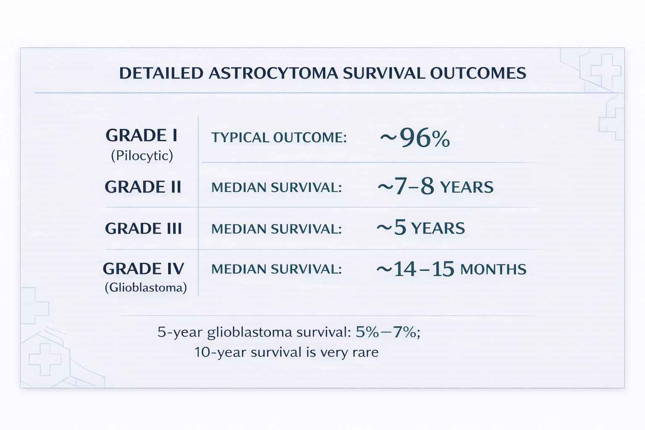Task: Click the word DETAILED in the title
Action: (x=161, y=73)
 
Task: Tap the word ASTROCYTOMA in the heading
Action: (x=273, y=73)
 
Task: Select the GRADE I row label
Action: (x=142, y=135)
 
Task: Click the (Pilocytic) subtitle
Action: (x=142, y=156)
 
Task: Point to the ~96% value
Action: (x=414, y=138)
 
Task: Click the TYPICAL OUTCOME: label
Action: (x=279, y=137)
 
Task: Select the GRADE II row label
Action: (x=143, y=186)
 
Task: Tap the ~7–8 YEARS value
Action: (x=435, y=186)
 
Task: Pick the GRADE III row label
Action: (x=143, y=228)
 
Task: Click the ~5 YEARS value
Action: (x=420, y=228)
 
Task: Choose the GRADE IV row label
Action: (x=143, y=269)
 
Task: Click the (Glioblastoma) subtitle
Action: (x=146, y=287)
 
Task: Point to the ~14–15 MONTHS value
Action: (x=451, y=269)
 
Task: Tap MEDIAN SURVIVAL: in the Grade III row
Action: (x=276, y=229)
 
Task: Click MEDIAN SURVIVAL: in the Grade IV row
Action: (x=276, y=269)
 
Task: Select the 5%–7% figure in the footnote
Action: (x=386, y=332)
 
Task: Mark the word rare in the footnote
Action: (x=366, y=352)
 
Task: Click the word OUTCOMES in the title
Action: (x=478, y=73)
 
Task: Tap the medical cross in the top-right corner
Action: (x=606, y=71)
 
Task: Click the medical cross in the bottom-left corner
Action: (x=45, y=360)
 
